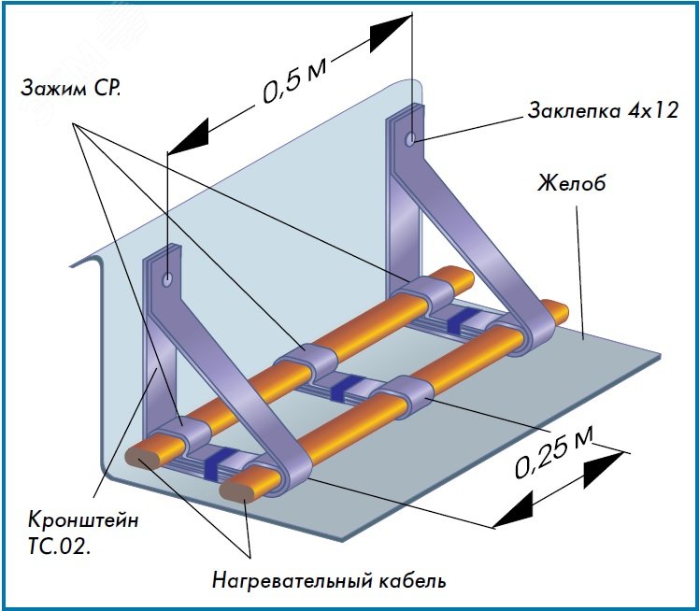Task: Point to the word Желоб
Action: [572, 181]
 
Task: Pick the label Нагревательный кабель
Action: [328, 580]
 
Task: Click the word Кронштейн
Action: [83, 520]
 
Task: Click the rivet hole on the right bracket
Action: [411, 139]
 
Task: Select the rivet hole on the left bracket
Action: [166, 278]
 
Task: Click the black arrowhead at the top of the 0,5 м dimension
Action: [389, 36]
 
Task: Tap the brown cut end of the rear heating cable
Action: [142, 458]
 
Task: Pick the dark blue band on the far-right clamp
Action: [461, 320]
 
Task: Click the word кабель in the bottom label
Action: [409, 580]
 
